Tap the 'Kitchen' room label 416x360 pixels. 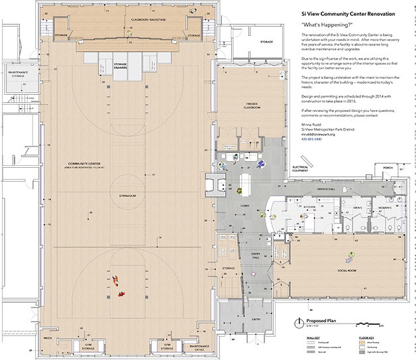point(309,207)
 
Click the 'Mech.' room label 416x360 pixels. point(48,336)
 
